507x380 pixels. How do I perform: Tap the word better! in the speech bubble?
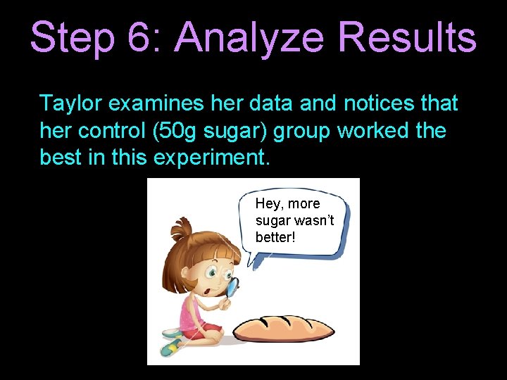pyautogui.click(x=275, y=236)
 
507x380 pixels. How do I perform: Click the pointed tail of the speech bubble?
pyautogui.click(x=254, y=265)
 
